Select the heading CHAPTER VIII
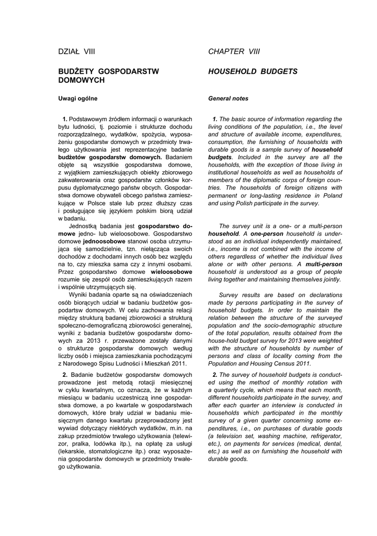234,51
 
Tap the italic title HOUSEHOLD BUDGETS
253,71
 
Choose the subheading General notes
229,98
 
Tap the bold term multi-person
324,264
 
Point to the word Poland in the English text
330,195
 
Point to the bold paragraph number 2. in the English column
215,374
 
